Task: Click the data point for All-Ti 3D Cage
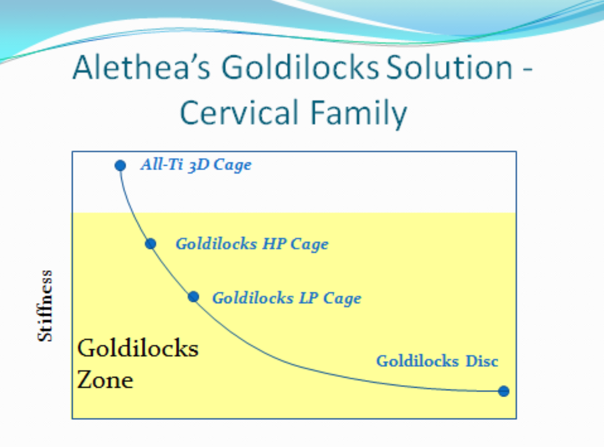pyautogui.click(x=120, y=165)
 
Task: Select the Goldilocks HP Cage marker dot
pyautogui.click(x=150, y=244)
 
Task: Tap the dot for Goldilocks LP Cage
pyautogui.click(x=193, y=296)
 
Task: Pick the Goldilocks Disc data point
pyautogui.click(x=503, y=391)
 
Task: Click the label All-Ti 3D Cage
pyautogui.click(x=196, y=165)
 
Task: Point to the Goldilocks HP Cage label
pyautogui.click(x=252, y=244)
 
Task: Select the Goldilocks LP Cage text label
pyautogui.click(x=287, y=298)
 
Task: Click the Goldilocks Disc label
pyautogui.click(x=437, y=361)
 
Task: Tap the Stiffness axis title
pyautogui.click(x=45, y=306)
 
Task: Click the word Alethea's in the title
pyautogui.click(x=141, y=67)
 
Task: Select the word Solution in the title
pyautogui.click(x=449, y=67)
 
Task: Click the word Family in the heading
pyautogui.click(x=359, y=114)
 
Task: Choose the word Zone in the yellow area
pyautogui.click(x=105, y=380)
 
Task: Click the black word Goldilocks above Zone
pyautogui.click(x=138, y=348)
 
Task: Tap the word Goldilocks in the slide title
pyautogui.click(x=300, y=67)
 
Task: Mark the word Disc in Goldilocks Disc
pyautogui.click(x=482, y=361)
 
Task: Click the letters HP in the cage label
pyautogui.click(x=274, y=244)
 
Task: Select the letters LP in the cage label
pyautogui.click(x=309, y=297)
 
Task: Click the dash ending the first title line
pyautogui.click(x=528, y=70)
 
